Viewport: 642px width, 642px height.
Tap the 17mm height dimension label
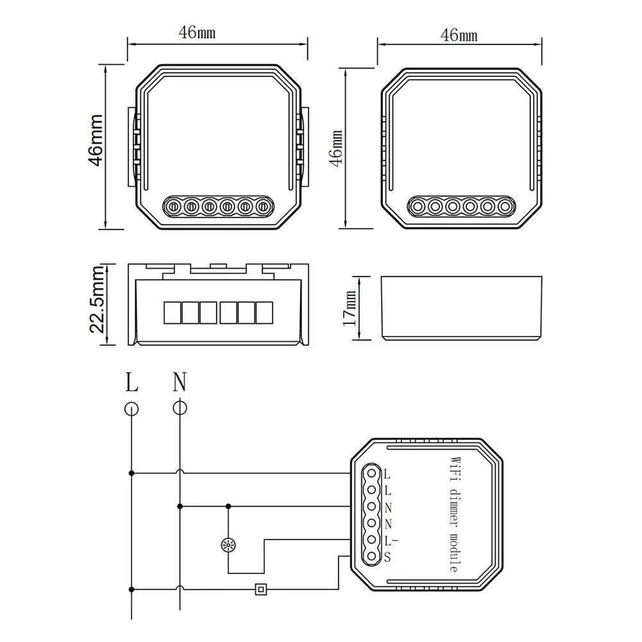(x=350, y=308)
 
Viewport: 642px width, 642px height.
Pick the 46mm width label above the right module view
(x=459, y=35)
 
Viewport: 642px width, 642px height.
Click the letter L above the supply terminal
(x=131, y=383)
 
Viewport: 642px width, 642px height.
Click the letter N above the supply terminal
(x=180, y=383)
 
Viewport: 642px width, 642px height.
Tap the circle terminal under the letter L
(x=131, y=408)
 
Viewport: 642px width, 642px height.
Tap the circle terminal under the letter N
(x=180, y=408)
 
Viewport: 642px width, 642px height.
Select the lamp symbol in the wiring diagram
(x=228, y=546)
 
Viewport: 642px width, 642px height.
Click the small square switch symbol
(x=260, y=589)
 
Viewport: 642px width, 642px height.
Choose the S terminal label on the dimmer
(x=387, y=557)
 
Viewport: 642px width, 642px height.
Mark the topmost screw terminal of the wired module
(x=370, y=474)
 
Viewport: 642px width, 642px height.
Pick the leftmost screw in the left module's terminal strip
(x=173, y=207)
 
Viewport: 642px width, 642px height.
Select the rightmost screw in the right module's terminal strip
(x=507, y=207)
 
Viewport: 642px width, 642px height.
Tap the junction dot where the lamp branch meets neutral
(x=228, y=505)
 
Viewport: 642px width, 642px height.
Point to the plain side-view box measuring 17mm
(x=461, y=308)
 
